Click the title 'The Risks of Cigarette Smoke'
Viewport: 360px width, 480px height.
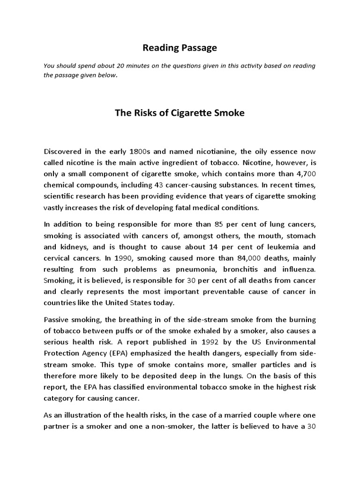click(x=180, y=113)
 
